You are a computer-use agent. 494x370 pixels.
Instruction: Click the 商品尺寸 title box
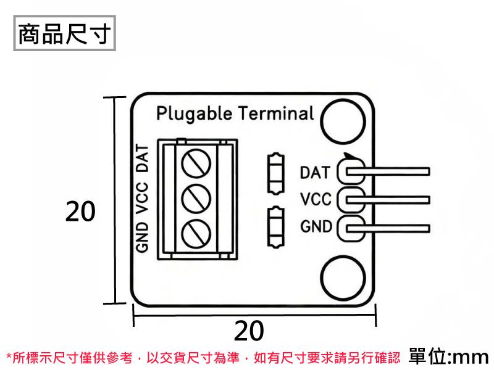pyautogui.click(x=64, y=35)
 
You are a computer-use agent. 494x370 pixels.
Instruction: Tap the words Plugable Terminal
pyautogui.click(x=235, y=113)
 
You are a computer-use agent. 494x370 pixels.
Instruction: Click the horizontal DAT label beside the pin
pyautogui.click(x=315, y=172)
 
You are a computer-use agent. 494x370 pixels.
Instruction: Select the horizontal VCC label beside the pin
pyautogui.click(x=316, y=199)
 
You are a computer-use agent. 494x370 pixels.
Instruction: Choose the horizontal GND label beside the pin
pyautogui.click(x=316, y=226)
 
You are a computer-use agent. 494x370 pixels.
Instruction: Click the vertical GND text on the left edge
pyautogui.click(x=143, y=237)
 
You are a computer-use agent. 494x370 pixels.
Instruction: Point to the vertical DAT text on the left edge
pyautogui.click(x=143, y=158)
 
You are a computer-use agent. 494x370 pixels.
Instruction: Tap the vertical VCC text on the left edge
pyautogui.click(x=143, y=197)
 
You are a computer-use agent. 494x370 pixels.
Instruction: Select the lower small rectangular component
pyautogui.click(x=275, y=227)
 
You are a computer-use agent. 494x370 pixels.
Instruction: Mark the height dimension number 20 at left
pyautogui.click(x=80, y=212)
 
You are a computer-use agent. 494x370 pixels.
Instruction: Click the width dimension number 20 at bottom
pyautogui.click(x=249, y=331)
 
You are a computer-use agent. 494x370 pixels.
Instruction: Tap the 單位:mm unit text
pyautogui.click(x=449, y=356)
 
